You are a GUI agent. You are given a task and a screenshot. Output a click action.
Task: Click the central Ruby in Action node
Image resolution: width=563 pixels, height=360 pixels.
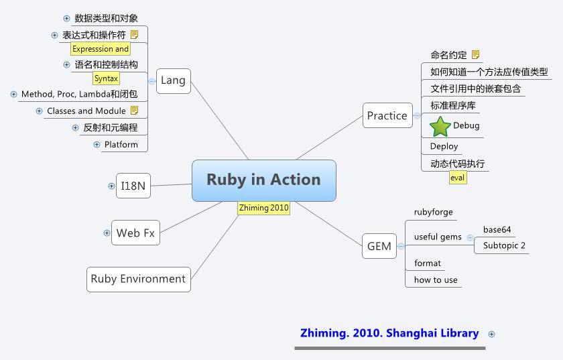263,180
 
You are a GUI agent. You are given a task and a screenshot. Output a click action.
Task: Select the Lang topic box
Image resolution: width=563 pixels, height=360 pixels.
173,80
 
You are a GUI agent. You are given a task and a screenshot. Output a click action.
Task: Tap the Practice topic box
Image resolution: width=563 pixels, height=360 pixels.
387,115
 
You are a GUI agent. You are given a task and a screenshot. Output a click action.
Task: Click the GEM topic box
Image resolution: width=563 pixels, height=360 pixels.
379,246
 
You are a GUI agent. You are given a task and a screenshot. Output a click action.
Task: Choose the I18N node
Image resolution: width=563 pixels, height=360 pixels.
133,186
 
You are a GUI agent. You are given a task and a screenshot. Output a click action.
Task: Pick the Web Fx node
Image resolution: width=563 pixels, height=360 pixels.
135,233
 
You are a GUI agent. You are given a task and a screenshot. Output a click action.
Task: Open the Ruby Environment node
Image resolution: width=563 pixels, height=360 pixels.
138,279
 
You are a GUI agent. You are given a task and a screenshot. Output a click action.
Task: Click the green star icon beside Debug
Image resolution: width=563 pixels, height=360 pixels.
440,126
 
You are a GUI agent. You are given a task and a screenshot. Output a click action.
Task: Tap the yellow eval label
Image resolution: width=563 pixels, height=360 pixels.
457,178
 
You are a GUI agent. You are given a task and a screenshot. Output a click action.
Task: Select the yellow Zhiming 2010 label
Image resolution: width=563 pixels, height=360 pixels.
263,208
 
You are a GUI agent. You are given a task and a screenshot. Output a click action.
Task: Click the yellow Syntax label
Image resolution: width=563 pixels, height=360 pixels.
106,78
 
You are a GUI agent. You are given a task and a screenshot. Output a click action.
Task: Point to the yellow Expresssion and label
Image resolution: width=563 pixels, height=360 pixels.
101,49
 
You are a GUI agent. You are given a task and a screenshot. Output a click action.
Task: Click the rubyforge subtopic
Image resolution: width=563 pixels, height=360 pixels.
434,212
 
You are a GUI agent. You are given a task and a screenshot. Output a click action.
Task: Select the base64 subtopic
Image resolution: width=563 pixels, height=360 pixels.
497,229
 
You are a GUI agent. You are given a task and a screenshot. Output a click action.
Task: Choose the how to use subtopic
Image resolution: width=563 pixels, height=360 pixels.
436,280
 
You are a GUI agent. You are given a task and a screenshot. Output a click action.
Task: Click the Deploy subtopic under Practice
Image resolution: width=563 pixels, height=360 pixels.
444,146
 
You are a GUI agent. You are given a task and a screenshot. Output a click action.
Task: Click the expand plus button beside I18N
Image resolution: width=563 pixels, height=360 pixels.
111,186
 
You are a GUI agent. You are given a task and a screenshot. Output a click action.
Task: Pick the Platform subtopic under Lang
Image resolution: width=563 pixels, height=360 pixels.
121,144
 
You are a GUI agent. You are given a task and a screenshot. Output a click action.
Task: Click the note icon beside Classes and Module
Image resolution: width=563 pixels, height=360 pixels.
134,110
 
